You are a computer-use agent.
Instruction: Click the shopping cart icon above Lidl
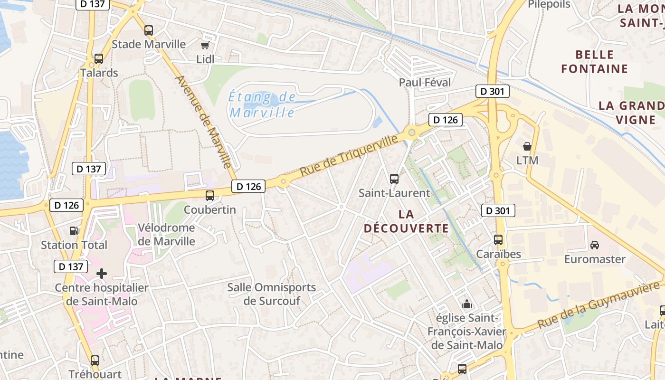pos(205,46)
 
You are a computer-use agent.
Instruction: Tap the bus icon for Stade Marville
pos(149,30)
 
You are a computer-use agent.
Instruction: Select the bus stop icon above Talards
pos(99,59)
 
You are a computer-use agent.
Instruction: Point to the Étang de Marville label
pos(262,105)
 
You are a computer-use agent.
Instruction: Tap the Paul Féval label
pos(425,82)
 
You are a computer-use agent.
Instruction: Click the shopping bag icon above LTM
pos(527,146)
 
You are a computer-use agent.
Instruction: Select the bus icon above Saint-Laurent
pos(394,179)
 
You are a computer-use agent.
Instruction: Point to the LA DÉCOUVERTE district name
pos(406,221)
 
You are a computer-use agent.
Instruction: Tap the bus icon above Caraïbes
pos(498,240)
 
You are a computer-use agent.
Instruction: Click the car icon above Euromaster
pos(595,245)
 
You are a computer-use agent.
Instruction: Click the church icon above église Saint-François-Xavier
pos(467,304)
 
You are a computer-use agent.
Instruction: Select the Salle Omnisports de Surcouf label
pos(272,294)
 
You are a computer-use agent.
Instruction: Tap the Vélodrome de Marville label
pos(166,234)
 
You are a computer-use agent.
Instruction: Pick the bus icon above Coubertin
pos(210,195)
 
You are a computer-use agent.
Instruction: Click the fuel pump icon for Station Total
pos(74,231)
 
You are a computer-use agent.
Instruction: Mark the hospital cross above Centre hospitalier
pos(102,274)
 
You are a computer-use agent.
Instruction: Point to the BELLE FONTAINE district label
pos(594,62)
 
